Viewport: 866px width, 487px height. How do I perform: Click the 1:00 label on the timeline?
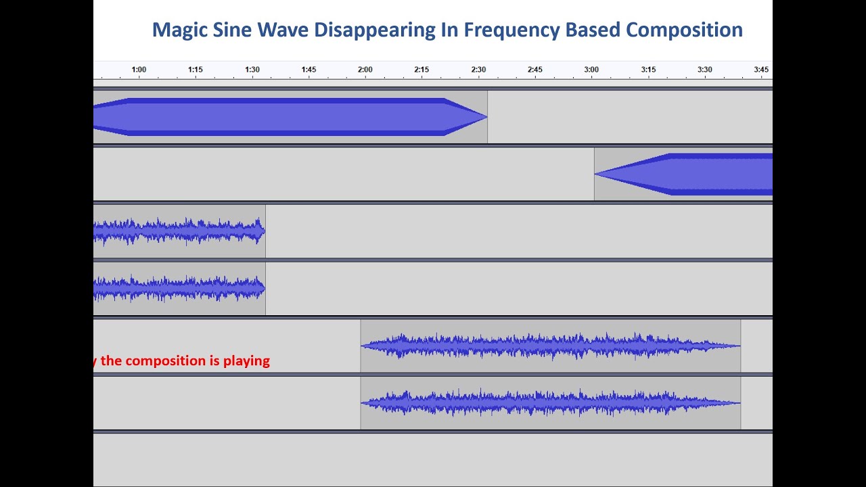[x=139, y=70]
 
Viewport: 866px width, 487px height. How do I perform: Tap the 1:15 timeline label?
[x=196, y=70]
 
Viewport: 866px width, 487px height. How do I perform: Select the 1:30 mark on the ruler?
[x=252, y=70]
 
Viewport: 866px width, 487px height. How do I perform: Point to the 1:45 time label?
[x=309, y=70]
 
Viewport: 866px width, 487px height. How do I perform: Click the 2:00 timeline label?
[x=365, y=70]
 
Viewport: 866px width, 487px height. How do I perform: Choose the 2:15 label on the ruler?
[x=421, y=70]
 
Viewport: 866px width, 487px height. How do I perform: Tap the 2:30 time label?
[x=478, y=70]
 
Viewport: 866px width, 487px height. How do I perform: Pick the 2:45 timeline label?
[x=534, y=70]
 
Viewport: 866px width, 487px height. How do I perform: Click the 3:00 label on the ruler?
[x=591, y=70]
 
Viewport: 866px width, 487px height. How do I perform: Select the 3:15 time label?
[x=648, y=70]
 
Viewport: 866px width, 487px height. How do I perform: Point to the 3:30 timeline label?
[x=704, y=70]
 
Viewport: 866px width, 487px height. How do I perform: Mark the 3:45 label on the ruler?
[x=761, y=70]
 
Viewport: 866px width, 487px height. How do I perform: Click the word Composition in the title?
[x=684, y=30]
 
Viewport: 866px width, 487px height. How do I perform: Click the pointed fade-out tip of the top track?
[x=486, y=117]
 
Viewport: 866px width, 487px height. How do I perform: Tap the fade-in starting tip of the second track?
[x=596, y=174]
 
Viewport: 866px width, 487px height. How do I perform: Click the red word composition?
[x=168, y=361]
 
